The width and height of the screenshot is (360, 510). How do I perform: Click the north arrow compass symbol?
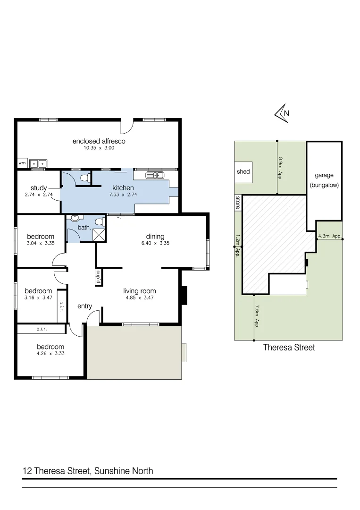click(282, 114)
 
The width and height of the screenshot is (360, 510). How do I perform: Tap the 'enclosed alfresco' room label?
click(99, 141)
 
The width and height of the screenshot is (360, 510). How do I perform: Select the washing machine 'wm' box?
click(22, 163)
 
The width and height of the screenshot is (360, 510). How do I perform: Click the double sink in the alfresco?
click(38, 163)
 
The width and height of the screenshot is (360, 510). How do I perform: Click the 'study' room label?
click(39, 188)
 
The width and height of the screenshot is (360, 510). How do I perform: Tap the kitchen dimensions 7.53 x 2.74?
click(123, 195)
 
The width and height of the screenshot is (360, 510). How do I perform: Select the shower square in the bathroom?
click(99, 235)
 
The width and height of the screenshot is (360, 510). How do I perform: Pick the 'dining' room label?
click(155, 237)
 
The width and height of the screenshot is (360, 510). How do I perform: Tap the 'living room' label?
click(139, 291)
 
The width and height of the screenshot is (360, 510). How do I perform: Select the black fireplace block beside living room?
click(184, 296)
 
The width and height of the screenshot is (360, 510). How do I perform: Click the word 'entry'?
click(85, 306)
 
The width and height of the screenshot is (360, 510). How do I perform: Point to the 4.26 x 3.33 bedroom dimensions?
click(50, 353)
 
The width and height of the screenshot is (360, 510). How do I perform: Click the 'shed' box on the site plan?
click(243, 172)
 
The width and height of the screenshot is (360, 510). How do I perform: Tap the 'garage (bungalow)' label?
click(324, 180)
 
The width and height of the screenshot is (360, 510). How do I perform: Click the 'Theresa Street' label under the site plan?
click(288, 348)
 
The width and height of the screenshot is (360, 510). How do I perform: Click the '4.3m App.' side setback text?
click(330, 236)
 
